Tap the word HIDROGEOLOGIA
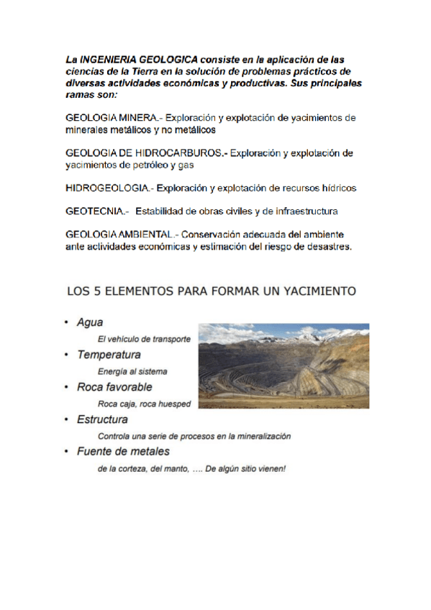[x=107, y=188]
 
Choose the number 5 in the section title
[x=93, y=291]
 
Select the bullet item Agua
[x=90, y=324]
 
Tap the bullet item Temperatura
[x=109, y=355]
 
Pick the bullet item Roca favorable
[x=114, y=387]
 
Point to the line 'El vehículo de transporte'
[x=144, y=340]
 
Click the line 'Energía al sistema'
[x=132, y=372]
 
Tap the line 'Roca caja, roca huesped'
[x=144, y=404]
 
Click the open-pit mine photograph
[x=283, y=365]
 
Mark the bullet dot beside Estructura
[x=66, y=419]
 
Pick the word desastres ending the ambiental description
[x=327, y=247]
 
